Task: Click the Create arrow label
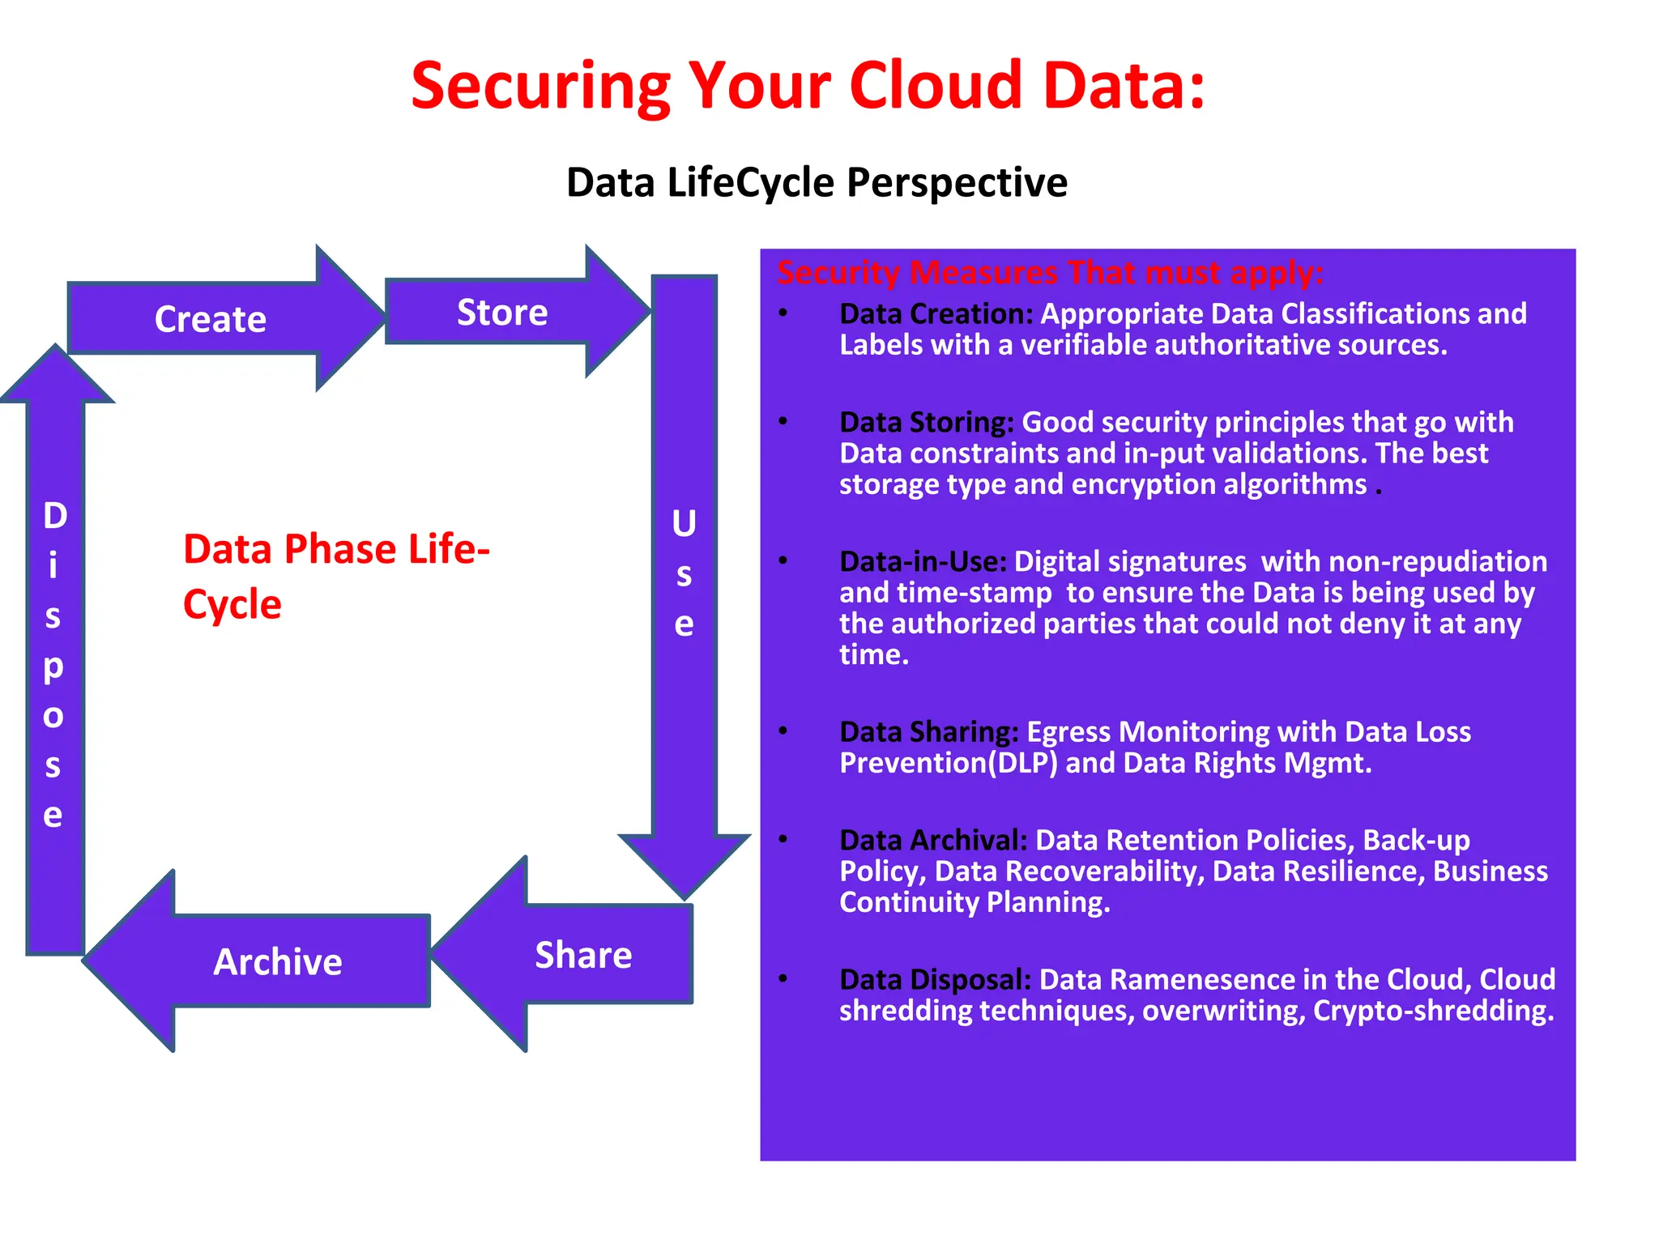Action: pos(211,319)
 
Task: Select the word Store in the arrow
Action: pos(502,313)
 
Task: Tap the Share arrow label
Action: pos(583,956)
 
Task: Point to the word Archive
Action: pos(278,962)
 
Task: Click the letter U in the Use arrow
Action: pos(684,524)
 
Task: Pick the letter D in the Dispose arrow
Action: pos(54,516)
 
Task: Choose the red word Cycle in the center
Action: pos(232,604)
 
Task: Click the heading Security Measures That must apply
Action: pos(1050,273)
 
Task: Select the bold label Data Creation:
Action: pos(936,313)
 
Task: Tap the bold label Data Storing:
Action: pos(927,422)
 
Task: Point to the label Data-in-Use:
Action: pos(923,561)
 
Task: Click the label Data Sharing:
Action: pos(929,731)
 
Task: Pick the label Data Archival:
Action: pos(933,840)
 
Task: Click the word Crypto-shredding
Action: pos(1433,1011)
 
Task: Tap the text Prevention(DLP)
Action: pos(949,763)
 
